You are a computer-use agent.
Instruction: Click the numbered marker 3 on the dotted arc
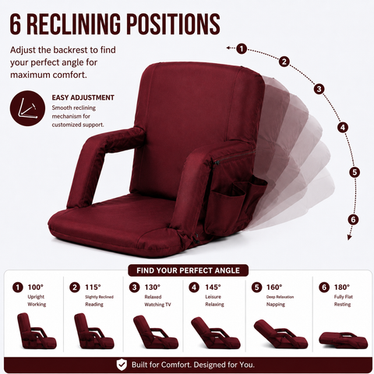(319, 89)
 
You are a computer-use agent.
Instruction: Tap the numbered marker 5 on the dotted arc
(355, 172)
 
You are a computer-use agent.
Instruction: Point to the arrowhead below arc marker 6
(350, 237)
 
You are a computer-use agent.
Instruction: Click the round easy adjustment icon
(27, 108)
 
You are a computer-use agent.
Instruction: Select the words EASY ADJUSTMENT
(83, 97)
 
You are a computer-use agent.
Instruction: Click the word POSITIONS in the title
(173, 24)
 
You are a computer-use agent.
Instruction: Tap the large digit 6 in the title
(16, 24)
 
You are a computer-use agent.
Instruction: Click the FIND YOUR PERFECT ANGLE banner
(188, 270)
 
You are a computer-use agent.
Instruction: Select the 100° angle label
(36, 288)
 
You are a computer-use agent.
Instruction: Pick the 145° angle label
(213, 288)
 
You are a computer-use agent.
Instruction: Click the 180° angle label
(342, 288)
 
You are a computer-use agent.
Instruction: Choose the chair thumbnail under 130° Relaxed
(156, 332)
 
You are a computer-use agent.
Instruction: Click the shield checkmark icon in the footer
(122, 365)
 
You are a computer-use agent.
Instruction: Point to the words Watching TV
(157, 305)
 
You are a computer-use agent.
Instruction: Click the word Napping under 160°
(276, 305)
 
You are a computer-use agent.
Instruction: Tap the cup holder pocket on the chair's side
(228, 198)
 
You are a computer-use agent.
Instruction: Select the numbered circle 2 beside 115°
(75, 288)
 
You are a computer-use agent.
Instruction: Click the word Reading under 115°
(94, 305)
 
